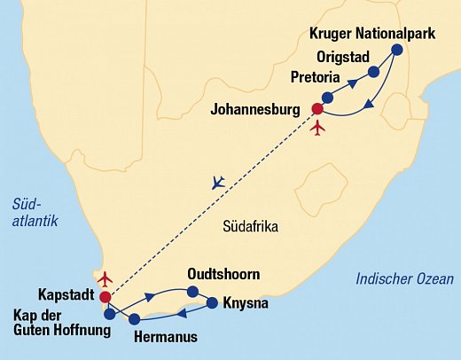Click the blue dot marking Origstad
[x=374, y=71]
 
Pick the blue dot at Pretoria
[x=328, y=97]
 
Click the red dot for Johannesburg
[x=316, y=110]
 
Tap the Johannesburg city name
[x=261, y=111]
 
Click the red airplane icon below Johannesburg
[x=319, y=128]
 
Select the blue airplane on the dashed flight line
[x=219, y=183]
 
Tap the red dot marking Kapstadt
[x=105, y=297]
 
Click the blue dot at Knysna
[x=212, y=303]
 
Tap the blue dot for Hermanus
[x=135, y=318]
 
